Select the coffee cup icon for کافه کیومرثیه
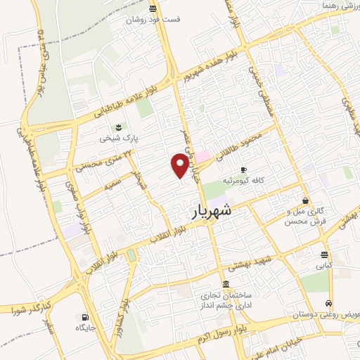pyautogui.click(x=244, y=170)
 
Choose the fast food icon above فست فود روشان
pyautogui.click(x=153, y=8)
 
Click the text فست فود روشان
pyautogui.click(x=153, y=20)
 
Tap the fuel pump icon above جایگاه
pyautogui.click(x=85, y=317)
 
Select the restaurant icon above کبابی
pyautogui.click(x=323, y=255)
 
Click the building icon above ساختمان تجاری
pyautogui.click(x=225, y=284)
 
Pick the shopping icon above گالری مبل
pyautogui.click(x=304, y=200)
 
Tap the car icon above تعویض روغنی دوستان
pyautogui.click(x=328, y=304)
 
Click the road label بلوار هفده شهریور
pyautogui.click(x=209, y=66)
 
